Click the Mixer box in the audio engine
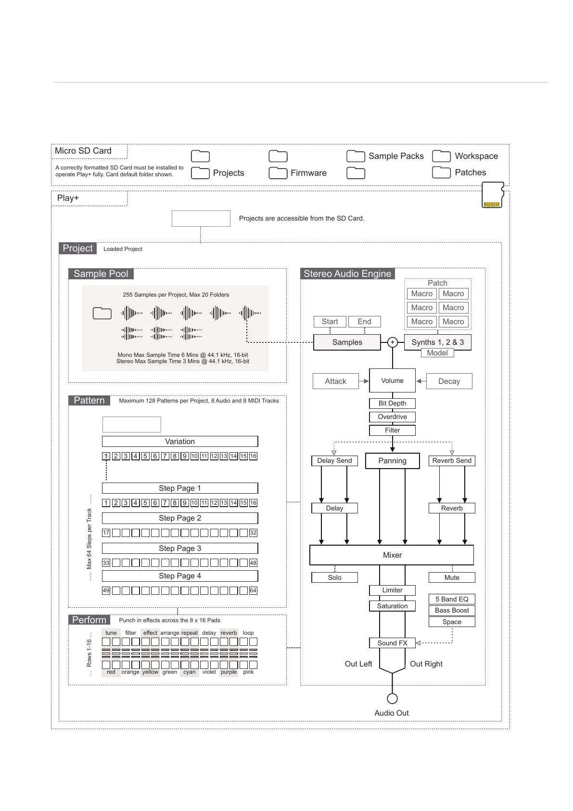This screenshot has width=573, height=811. click(x=392, y=555)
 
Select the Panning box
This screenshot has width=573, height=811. click(x=392, y=460)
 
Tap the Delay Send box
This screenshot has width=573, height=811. click(x=334, y=460)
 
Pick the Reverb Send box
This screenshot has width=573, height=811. click(x=452, y=460)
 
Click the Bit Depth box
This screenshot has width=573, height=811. click(x=392, y=403)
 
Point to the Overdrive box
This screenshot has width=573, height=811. click(x=392, y=417)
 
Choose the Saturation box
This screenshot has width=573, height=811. click(x=392, y=606)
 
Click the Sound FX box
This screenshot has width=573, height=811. click(x=392, y=643)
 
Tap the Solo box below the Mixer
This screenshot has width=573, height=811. click(x=334, y=577)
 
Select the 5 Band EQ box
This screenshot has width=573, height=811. click(x=452, y=599)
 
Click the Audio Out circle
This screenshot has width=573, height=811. click(x=392, y=698)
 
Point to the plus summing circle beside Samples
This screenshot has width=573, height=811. click(x=393, y=342)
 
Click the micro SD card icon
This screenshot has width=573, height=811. click(x=493, y=195)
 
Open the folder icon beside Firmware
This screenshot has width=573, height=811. click(x=278, y=173)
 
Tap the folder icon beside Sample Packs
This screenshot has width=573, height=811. click(x=356, y=156)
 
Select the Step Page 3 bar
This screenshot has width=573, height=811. click(x=180, y=548)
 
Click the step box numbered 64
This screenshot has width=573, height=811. click(x=253, y=590)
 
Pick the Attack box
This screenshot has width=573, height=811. click(x=335, y=381)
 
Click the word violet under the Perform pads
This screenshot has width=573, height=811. click(x=209, y=672)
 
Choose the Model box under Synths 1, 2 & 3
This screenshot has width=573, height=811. click(x=437, y=353)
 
